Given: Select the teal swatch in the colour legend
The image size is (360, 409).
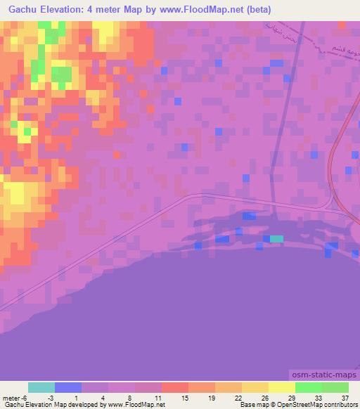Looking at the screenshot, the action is (41, 387).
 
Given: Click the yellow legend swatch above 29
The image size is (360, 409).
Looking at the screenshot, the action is (281, 387).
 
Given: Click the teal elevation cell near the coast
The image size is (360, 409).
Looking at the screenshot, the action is (277, 239).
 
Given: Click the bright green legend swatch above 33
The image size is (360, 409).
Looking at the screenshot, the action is (308, 387).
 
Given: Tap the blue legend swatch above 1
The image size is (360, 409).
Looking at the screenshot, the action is (68, 387).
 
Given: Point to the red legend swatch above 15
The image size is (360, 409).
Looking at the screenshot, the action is (175, 387).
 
